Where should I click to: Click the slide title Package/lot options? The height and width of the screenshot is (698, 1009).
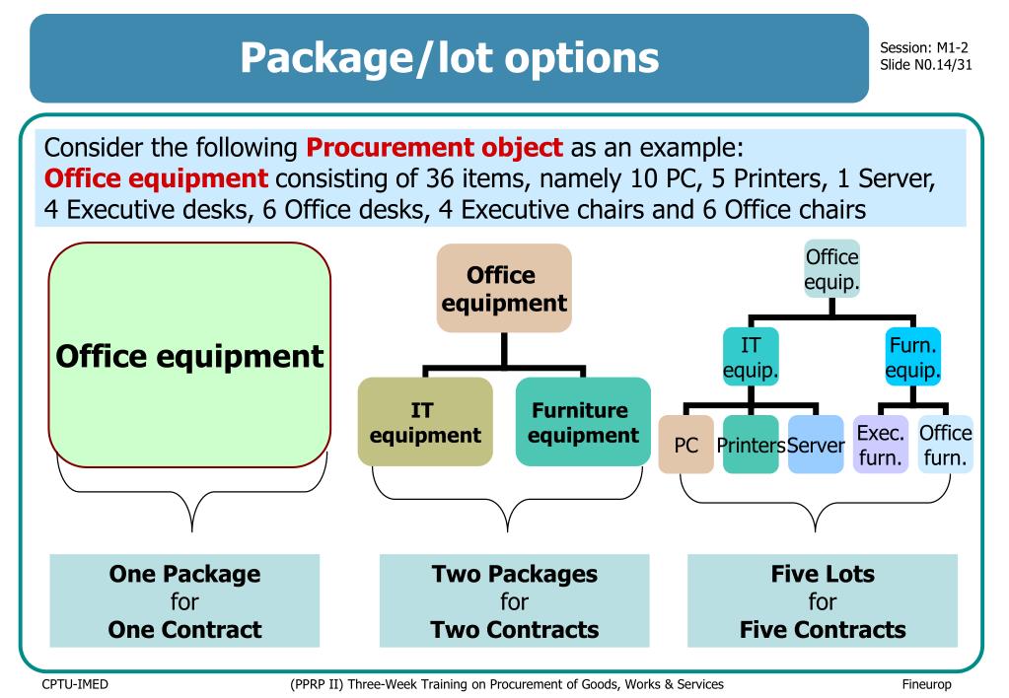(x=449, y=58)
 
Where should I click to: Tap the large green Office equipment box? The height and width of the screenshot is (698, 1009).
(x=189, y=355)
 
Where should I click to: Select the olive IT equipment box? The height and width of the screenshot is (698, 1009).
(x=425, y=421)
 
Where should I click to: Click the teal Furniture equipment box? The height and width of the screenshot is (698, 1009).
(x=583, y=421)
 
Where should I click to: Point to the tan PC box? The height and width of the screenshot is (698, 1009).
(x=685, y=445)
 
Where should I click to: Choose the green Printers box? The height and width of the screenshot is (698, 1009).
(x=751, y=445)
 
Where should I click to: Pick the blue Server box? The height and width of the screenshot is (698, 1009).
(x=816, y=445)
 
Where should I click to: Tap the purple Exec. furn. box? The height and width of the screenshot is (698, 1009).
(x=880, y=445)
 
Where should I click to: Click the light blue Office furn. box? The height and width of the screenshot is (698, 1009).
(x=945, y=445)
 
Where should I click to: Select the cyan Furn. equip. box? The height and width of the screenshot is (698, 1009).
(x=912, y=357)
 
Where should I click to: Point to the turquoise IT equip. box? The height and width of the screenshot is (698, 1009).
(x=751, y=357)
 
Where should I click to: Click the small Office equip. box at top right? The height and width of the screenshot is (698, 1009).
(x=831, y=269)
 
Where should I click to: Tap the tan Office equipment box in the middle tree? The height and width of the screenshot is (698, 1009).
(x=503, y=288)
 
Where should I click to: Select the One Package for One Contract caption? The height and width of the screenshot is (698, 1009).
(x=184, y=600)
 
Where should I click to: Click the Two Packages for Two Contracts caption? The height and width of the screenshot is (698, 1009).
(x=514, y=600)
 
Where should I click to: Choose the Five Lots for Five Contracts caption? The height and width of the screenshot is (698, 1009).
(x=822, y=600)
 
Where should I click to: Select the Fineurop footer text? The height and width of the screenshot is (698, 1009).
(x=926, y=684)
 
